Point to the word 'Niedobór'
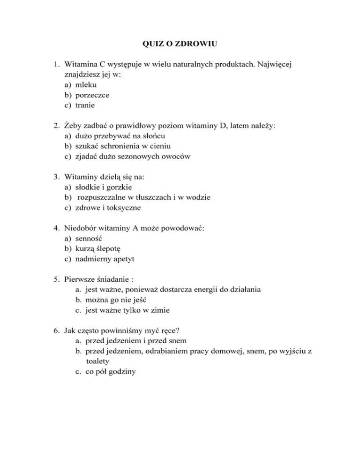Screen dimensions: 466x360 coord(82,228)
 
